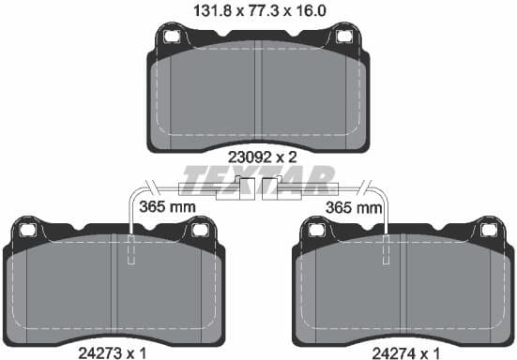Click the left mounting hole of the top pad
point(172,37)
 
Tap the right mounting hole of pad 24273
point(198,228)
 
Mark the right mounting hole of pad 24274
point(487,228)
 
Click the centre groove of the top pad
point(258,94)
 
